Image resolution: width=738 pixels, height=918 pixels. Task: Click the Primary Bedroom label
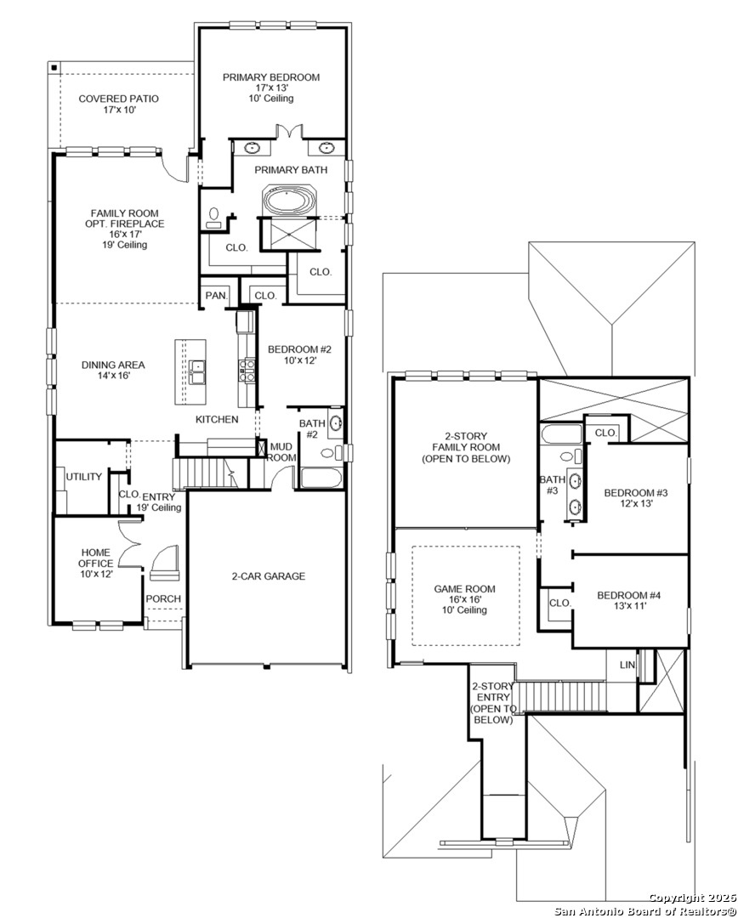271,88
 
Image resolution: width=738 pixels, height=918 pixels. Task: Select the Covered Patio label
118,105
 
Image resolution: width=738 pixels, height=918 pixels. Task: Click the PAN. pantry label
216,296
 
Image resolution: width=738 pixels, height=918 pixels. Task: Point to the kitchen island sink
197,372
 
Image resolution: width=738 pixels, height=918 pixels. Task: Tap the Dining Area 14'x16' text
113,370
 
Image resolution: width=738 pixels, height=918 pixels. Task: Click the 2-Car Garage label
269,576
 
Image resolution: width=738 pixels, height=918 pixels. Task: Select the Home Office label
96,564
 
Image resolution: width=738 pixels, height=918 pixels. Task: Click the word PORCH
163,599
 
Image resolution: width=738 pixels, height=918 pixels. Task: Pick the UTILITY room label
84,477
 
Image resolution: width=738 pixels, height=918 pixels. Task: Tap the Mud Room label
281,452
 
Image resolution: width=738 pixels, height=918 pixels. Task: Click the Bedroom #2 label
299,354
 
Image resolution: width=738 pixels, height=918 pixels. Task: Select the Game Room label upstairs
464,599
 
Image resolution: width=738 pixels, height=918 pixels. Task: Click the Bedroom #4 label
629,601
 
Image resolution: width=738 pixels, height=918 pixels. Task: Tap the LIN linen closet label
627,665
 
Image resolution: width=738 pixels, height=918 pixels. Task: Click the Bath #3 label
552,484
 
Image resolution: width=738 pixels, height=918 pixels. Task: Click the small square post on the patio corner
54,67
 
